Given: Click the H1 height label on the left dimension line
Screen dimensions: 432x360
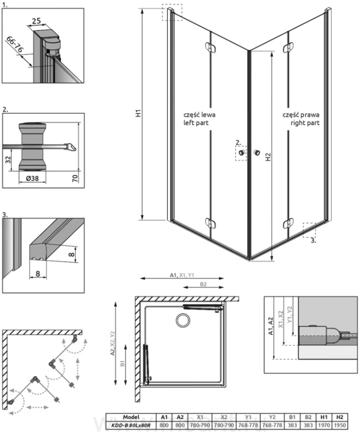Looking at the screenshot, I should coord(138,114).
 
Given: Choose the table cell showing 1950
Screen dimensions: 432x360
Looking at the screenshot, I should coord(339,425).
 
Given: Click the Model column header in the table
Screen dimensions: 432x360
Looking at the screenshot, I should coord(131,417).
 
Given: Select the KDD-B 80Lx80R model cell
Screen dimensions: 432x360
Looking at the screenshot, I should coord(131,425).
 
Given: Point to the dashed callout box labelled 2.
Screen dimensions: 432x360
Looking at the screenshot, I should coord(240,154).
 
